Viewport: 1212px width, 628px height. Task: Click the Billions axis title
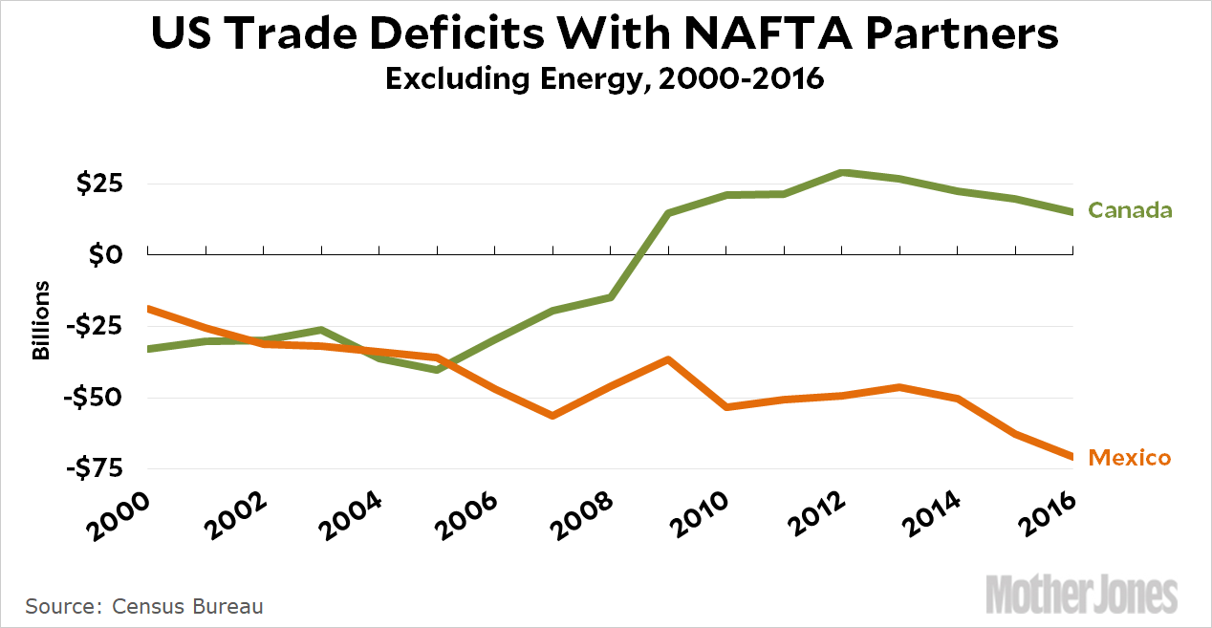pos(41,320)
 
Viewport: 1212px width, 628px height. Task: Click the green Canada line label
pos(1131,210)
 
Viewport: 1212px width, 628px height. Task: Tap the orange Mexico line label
pos(1130,458)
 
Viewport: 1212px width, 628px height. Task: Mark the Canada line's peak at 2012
pos(841,172)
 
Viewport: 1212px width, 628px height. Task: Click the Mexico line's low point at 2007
pos(552,416)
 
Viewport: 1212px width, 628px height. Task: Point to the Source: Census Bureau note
pos(144,606)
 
